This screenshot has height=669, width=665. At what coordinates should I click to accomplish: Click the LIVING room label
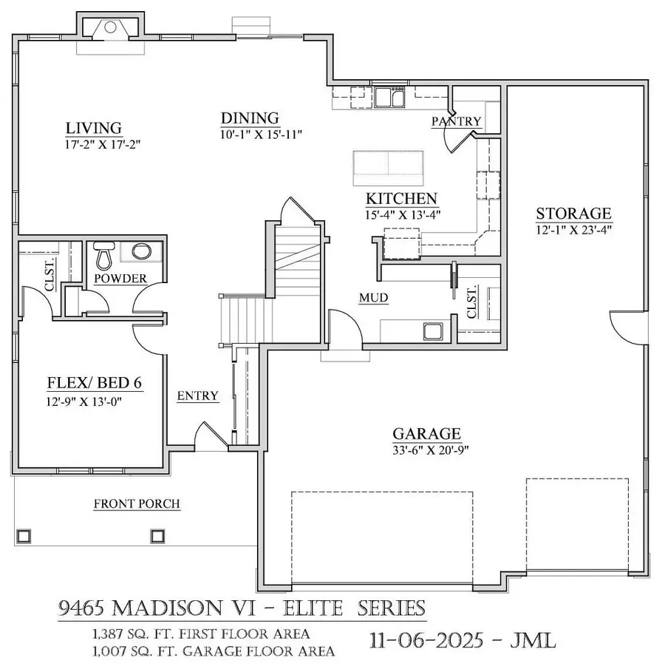pyautogui.click(x=93, y=129)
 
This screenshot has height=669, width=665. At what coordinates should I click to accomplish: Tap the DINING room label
pyautogui.click(x=250, y=118)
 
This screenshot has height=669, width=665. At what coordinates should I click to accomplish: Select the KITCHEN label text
pyautogui.click(x=401, y=199)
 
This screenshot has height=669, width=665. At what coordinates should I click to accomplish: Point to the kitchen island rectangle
pyautogui.click(x=388, y=168)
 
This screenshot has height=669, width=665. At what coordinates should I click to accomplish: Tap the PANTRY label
pyautogui.click(x=456, y=121)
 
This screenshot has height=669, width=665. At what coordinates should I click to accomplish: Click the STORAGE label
pyautogui.click(x=573, y=214)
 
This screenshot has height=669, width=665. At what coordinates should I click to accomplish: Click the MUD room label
pyautogui.click(x=374, y=298)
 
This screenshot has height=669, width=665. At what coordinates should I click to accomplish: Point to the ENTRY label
pyautogui.click(x=198, y=396)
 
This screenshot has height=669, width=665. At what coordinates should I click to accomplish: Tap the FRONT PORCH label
pyautogui.click(x=137, y=504)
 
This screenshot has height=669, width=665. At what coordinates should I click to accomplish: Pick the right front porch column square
pyautogui.click(x=157, y=534)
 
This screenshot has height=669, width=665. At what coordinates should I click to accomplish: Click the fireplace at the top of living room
pyautogui.click(x=109, y=28)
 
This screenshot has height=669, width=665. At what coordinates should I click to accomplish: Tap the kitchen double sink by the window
pyautogui.click(x=389, y=97)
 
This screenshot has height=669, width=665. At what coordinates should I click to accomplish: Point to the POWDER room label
pyautogui.click(x=120, y=279)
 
